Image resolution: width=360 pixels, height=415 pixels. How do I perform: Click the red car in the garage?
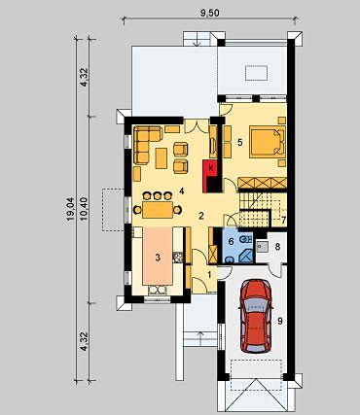point(255,316)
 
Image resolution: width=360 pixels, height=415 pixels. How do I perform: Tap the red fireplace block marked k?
point(210,175)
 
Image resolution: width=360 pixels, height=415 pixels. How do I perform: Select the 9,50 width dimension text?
point(210,13)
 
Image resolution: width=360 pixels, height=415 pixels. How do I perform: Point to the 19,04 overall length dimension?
point(71,209)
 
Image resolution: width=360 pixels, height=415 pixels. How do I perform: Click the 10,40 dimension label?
point(84,209)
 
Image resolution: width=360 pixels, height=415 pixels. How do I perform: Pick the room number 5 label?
point(239,142)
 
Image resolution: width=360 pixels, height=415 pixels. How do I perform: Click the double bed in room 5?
point(268,142)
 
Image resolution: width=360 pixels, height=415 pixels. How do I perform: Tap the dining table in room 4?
point(158,210)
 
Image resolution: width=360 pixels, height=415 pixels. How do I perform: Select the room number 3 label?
point(158,258)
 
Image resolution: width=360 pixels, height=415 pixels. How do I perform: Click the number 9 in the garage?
point(280,321)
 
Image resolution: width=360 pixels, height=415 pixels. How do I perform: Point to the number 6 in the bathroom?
point(231,241)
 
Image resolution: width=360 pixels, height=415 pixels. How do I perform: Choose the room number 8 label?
point(277,247)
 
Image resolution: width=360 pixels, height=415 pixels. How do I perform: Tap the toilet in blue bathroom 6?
point(245,239)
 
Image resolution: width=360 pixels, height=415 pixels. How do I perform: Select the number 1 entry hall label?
point(209,275)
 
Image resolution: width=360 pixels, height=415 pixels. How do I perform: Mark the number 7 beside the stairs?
point(283,220)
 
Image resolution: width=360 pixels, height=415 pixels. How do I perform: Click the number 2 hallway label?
point(201,216)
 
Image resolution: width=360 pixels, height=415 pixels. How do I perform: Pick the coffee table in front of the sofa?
point(162,158)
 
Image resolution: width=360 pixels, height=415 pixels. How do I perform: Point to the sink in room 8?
point(262,247)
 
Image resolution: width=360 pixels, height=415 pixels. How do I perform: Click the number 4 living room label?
point(181,191)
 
